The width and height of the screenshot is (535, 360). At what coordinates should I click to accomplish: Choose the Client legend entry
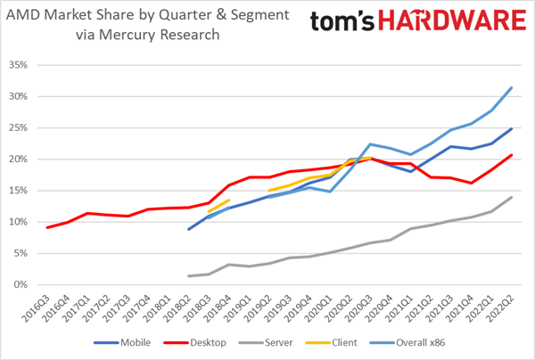(341, 341)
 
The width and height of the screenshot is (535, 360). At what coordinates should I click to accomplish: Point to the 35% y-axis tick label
(18, 65)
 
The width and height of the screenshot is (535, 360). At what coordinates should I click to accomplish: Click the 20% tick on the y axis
(18, 160)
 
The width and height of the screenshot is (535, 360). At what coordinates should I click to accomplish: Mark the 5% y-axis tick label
(20, 253)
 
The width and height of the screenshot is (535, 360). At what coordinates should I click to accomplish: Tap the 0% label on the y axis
(20, 284)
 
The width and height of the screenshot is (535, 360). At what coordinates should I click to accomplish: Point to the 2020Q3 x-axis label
(367, 306)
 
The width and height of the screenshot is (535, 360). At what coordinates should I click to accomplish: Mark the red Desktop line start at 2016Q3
(47, 227)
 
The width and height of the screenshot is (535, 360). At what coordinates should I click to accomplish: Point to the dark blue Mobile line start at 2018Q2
(189, 229)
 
